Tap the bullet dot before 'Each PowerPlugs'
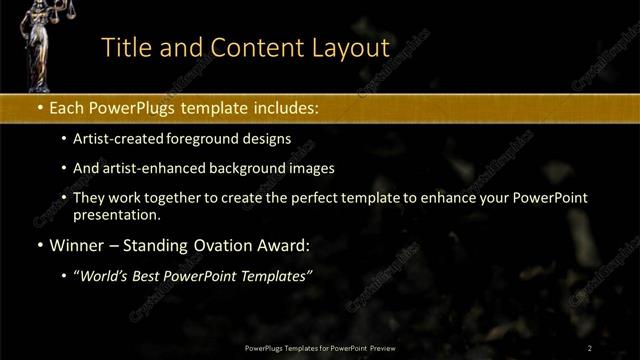[39, 105]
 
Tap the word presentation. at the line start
[116, 214]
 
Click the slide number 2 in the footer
[590, 347]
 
